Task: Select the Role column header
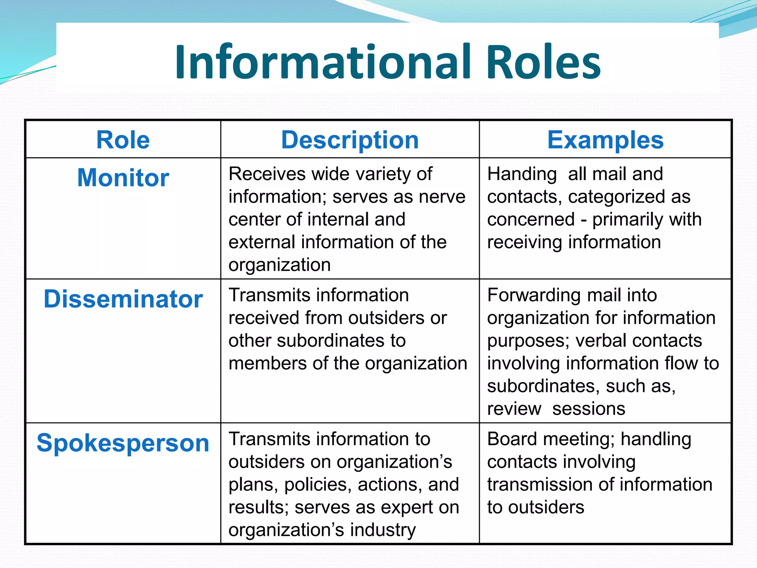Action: coord(123,140)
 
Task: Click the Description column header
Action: coord(350,140)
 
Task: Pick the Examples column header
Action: coord(605,140)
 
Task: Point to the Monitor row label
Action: coord(123,177)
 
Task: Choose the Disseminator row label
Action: coord(123,299)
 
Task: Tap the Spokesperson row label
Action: coord(123,443)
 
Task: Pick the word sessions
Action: coord(588,409)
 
